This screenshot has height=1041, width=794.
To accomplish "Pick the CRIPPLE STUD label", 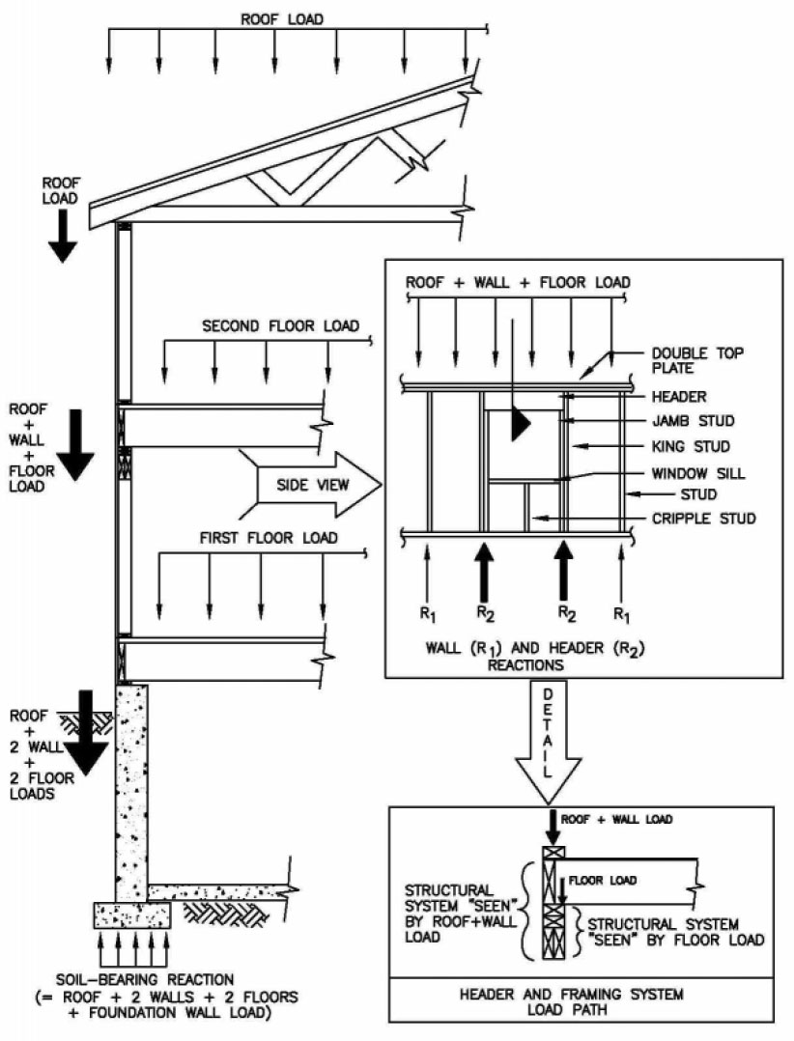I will click(703, 519).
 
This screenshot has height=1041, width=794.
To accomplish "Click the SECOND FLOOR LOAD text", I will click(280, 326).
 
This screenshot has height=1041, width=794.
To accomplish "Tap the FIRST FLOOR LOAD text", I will click(269, 537).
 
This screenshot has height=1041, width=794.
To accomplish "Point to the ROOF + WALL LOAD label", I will click(618, 819).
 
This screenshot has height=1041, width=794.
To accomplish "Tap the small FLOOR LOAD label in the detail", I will click(602, 880).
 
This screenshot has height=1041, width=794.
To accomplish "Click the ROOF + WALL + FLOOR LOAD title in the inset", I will click(518, 283).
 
